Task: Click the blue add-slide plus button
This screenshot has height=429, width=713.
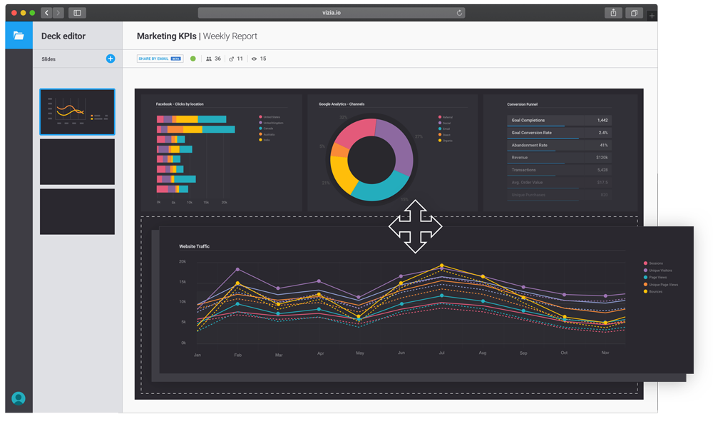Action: coord(111,59)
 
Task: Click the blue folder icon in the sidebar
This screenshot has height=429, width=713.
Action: coord(19,36)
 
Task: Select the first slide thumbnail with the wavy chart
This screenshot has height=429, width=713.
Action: coord(77,112)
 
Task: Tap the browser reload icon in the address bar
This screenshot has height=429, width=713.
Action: coord(459,13)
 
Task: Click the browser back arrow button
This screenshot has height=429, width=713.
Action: coord(46,13)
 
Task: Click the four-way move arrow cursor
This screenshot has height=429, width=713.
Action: coord(415,227)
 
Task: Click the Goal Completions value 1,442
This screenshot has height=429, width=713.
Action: coord(602,121)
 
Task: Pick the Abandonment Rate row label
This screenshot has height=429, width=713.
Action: coord(529,146)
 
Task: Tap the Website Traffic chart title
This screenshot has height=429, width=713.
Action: coord(194,246)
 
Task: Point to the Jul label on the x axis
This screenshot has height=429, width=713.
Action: coord(441,353)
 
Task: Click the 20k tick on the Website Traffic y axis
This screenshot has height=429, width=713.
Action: coord(183,262)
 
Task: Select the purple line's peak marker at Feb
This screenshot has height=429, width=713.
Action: coord(237,270)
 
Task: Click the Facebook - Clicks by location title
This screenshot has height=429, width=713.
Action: coord(180,104)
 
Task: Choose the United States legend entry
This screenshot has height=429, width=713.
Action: coord(272,117)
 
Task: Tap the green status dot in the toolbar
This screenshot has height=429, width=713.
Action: coord(193,59)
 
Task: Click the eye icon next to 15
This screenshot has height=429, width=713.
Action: coord(254,59)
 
